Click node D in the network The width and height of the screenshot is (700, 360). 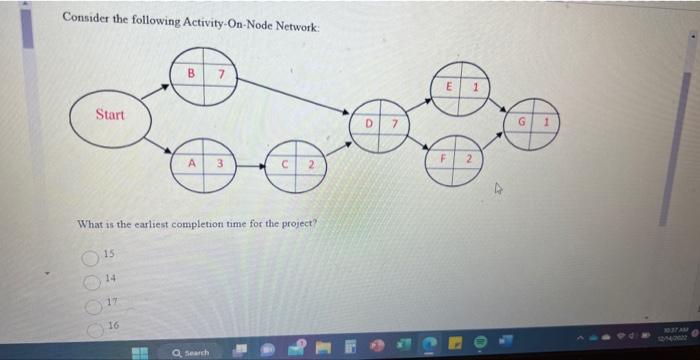380,126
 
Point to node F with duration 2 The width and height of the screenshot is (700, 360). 454,161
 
